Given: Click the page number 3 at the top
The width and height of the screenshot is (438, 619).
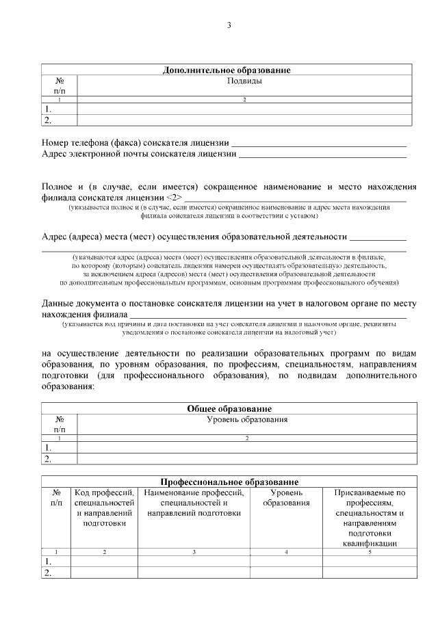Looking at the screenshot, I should (229, 26).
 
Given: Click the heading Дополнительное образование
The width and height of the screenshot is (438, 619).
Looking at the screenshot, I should (227, 70).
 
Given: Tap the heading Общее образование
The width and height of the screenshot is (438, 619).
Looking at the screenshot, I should (229, 408).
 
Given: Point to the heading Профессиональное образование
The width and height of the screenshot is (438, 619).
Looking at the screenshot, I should (229, 482).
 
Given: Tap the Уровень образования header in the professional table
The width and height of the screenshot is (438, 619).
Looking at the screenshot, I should (286, 497).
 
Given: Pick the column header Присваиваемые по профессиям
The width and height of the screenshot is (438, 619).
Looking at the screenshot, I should (370, 517).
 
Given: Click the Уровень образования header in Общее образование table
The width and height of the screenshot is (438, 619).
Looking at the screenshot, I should (246, 419).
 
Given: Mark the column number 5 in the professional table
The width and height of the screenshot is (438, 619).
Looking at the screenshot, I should (370, 551).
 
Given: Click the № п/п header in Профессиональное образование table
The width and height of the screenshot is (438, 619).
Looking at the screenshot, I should (56, 497).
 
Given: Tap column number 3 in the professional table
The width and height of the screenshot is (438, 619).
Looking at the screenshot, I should (194, 551).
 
